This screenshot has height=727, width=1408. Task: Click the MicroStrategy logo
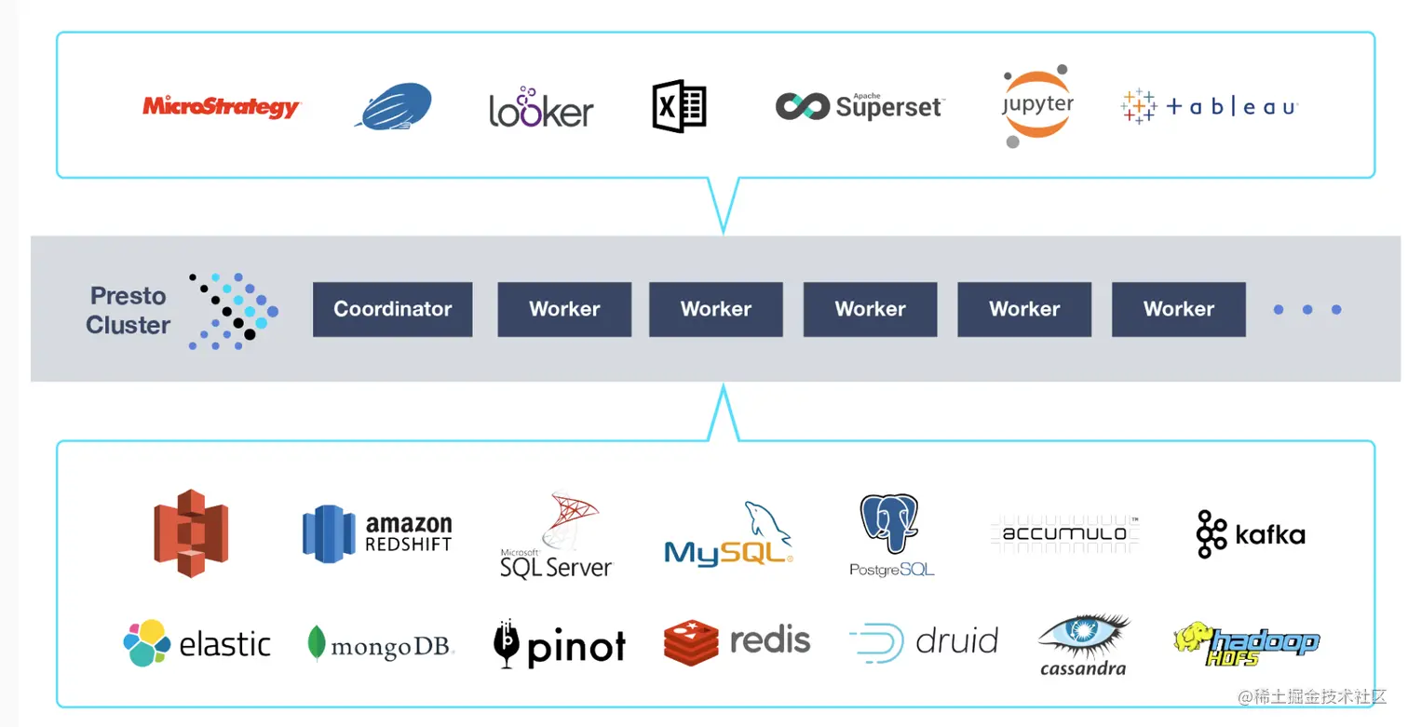click(221, 107)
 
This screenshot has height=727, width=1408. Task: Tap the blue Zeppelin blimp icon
click(394, 106)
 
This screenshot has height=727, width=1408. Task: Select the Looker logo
click(541, 109)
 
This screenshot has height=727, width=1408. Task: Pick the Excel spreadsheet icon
click(679, 106)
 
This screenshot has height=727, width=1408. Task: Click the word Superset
click(888, 107)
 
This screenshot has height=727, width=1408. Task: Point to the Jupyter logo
click(1037, 106)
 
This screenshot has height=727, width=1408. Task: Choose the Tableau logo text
click(1231, 107)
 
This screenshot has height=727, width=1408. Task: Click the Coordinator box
click(392, 309)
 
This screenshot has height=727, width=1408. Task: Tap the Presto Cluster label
click(129, 310)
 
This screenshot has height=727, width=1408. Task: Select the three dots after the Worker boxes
click(1307, 310)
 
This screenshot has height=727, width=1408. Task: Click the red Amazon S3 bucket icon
click(191, 533)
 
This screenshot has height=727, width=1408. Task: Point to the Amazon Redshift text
click(408, 534)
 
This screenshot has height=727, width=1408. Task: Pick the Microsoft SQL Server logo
click(557, 537)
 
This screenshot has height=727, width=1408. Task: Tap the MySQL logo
click(728, 537)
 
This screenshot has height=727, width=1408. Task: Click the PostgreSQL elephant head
click(889, 524)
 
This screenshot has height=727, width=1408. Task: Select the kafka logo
click(1251, 534)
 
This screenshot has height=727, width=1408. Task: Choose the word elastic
click(224, 644)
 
